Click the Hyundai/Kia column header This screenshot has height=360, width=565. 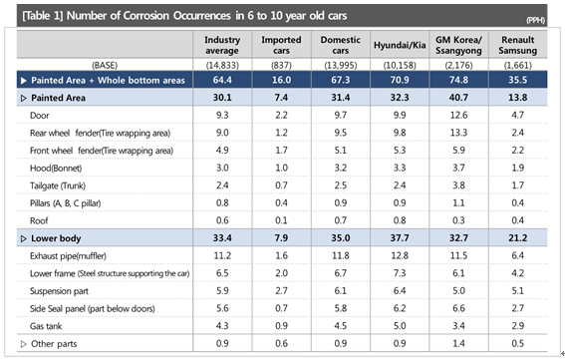400,45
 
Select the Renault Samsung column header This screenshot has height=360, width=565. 518,45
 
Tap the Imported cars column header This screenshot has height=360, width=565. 281,45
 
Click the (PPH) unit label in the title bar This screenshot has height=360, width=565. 535,20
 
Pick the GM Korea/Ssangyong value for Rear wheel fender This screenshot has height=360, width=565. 458,133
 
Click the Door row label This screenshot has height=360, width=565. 39,116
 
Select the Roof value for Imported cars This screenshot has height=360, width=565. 281,220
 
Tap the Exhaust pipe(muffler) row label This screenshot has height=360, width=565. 68,256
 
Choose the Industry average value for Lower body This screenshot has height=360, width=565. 222,238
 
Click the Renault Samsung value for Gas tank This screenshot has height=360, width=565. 518,326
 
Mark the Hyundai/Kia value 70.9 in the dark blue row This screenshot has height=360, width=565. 400,80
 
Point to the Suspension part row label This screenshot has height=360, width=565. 59,291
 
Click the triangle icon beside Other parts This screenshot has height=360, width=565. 24,344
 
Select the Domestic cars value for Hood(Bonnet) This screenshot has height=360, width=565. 341,168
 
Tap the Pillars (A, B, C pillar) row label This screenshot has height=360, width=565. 65,203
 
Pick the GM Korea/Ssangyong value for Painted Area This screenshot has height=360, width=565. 458,98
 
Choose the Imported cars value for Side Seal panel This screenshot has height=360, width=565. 281,308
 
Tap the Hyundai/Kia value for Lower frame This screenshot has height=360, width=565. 400,273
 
